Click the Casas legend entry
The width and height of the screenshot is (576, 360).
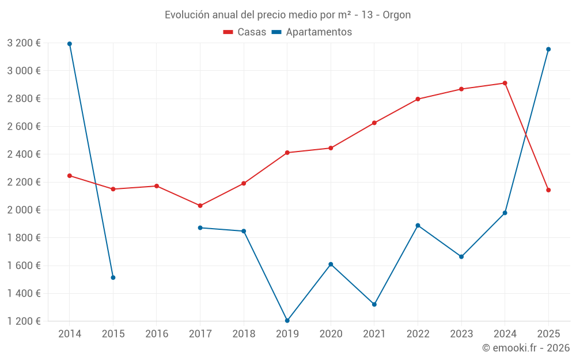pos(245,32)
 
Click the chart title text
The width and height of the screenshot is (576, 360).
pos(288,15)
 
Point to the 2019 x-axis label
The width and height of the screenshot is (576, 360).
pos(287,334)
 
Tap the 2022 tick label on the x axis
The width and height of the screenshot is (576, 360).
pos(418,334)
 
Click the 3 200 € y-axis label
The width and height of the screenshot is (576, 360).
pos(24,43)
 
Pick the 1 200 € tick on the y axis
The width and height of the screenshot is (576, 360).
pos(24,321)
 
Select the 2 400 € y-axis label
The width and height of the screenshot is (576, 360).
pos(24,154)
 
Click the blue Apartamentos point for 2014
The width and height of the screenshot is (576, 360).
pos(70,44)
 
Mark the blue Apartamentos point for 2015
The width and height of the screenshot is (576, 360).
pos(113,278)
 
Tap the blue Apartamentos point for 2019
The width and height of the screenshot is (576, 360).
pos(287,320)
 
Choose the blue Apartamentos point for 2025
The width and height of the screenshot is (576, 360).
pos(548,50)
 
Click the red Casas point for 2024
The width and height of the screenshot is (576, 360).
pos(505,83)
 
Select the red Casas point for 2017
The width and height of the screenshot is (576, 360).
pos(200,206)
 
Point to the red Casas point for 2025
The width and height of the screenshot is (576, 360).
pos(548,190)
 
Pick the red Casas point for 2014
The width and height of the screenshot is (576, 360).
pos(70,176)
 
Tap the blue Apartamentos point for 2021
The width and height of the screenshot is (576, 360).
pos(374,304)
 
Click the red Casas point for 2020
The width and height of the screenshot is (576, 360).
pos(331,148)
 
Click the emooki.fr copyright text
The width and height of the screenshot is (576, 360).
pos(525,348)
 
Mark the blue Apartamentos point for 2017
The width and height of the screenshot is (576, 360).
pos(200,228)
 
